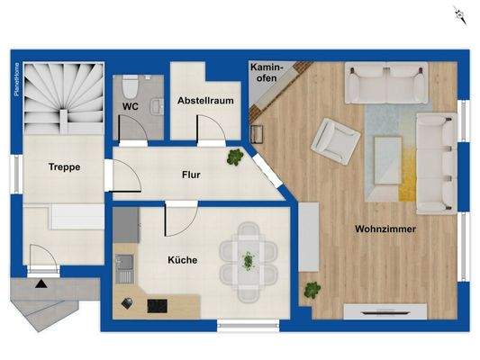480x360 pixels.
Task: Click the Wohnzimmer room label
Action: click(x=386, y=229)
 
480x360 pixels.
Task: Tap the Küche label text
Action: click(x=182, y=260)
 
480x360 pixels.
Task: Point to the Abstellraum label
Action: click(x=206, y=101)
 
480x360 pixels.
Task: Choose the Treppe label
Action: click(x=64, y=166)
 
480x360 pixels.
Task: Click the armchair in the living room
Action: click(x=335, y=140)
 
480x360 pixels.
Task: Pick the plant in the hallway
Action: click(x=235, y=157)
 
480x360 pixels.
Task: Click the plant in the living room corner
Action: click(x=312, y=291)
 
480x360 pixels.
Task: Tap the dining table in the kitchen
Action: click(x=248, y=260)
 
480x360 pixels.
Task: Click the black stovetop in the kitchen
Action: click(x=156, y=305)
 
